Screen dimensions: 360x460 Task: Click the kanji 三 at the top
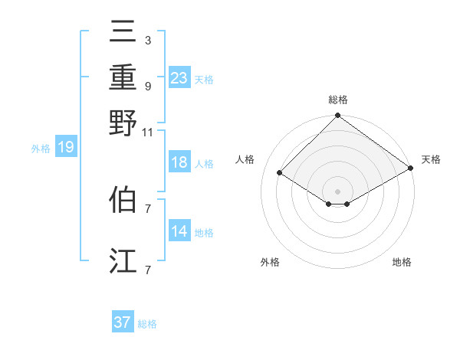point(123,31)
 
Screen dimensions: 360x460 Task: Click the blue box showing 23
point(179,78)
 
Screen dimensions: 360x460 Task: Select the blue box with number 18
point(179,162)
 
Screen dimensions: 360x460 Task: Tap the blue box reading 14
point(179,231)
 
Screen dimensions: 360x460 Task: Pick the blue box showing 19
point(65,148)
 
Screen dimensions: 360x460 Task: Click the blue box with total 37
point(123,322)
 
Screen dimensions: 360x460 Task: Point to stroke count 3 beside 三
point(147,40)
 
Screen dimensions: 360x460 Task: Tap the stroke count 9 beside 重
point(147,86)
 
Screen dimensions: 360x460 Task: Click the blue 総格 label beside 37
point(147,324)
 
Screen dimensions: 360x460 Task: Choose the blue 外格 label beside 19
point(40,149)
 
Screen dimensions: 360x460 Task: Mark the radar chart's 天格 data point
point(412,169)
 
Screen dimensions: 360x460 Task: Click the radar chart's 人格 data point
point(280,173)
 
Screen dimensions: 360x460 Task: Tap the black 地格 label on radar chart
point(402,262)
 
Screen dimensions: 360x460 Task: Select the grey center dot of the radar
point(338,191)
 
